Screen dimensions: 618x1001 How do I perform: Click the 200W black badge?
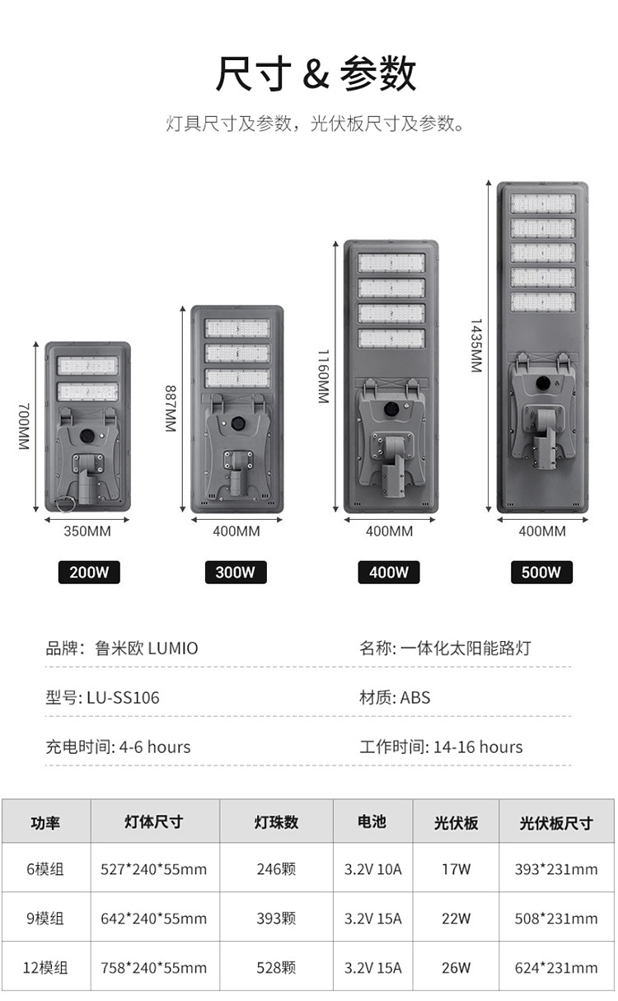point(88,572)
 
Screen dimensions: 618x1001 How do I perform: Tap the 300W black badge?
point(235,572)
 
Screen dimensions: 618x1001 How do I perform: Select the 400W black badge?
point(388,572)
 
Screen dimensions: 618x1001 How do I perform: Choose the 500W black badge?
point(541,572)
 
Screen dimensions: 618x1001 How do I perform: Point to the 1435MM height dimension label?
point(476,346)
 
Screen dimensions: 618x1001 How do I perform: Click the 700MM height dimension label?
point(23,426)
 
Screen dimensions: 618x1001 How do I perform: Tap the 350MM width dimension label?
point(87,531)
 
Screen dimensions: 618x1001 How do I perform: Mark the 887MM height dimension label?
point(171,409)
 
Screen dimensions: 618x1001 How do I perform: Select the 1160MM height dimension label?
point(323,376)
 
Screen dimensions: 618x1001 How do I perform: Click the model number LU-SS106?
point(123,698)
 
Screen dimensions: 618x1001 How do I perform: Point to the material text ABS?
point(415,698)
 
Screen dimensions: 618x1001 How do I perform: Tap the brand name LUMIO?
point(173,648)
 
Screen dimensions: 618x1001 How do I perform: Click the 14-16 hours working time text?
point(478,747)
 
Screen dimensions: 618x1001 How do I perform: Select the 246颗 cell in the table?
point(276,868)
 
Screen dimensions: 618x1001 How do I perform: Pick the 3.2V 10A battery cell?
point(372,868)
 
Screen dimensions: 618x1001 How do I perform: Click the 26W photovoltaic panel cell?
point(456,967)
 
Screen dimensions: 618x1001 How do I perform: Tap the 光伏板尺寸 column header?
point(556,822)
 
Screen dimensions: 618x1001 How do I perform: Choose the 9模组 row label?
point(45,918)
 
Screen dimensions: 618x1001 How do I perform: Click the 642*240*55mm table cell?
point(154,918)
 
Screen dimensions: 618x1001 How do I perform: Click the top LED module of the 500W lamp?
point(542,203)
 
